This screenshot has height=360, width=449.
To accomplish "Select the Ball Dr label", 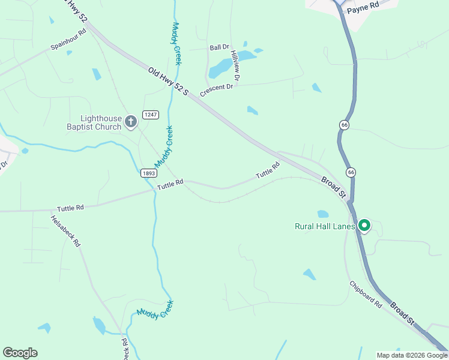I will point(219,47).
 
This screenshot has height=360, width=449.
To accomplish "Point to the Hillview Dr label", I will point(237,66).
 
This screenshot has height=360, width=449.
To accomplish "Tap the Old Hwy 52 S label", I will point(169,81).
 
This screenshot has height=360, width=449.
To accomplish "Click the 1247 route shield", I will point(149,114).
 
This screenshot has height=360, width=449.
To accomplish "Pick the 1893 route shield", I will point(149,173).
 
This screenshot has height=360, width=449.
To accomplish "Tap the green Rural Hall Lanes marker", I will point(364,226).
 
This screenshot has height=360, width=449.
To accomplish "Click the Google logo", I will point(20,353).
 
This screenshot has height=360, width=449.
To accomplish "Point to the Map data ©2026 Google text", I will point(412,355).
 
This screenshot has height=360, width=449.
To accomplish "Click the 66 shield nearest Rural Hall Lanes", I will point(351,172).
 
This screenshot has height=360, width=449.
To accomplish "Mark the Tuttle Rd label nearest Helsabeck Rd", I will point(70,208).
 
